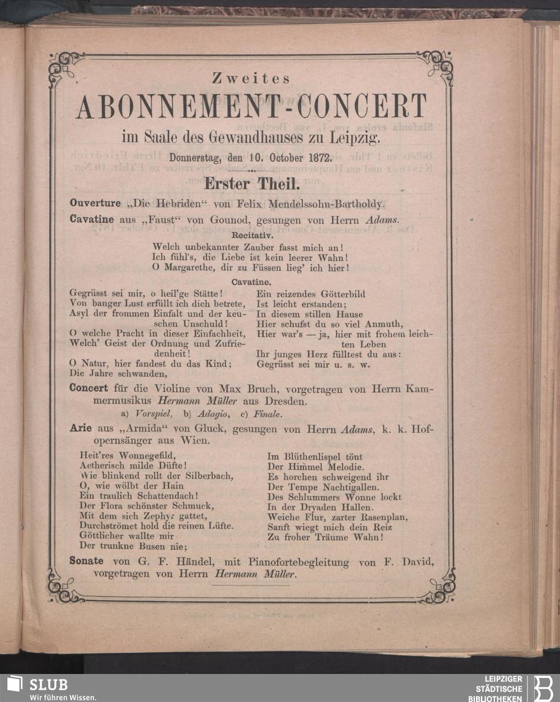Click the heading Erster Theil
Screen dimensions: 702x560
pos(253,182)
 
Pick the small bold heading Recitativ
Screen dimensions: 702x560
pos(252,236)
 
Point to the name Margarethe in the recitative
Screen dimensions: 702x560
pos(185,268)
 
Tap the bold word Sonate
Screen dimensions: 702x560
pos(86,561)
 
